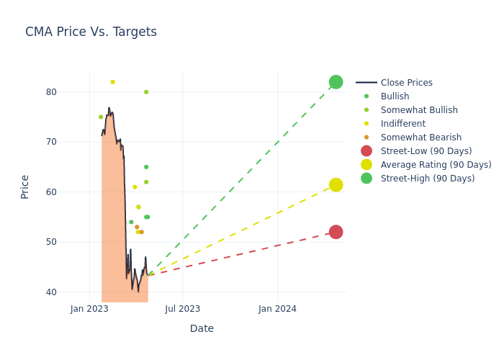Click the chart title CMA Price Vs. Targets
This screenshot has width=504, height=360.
click(x=91, y=32)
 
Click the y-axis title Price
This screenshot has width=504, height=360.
click(x=25, y=186)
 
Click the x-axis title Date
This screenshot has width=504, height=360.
click(x=202, y=328)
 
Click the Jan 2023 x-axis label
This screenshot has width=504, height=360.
click(x=89, y=309)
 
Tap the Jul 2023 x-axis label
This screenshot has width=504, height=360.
click(x=183, y=309)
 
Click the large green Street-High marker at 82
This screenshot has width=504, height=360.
click(x=336, y=82)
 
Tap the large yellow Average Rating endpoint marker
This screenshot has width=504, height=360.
click(x=336, y=185)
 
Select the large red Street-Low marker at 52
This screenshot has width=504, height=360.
click(x=336, y=232)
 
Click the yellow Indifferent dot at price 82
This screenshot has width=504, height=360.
click(x=112, y=82)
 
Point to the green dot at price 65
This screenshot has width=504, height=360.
click(x=146, y=167)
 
